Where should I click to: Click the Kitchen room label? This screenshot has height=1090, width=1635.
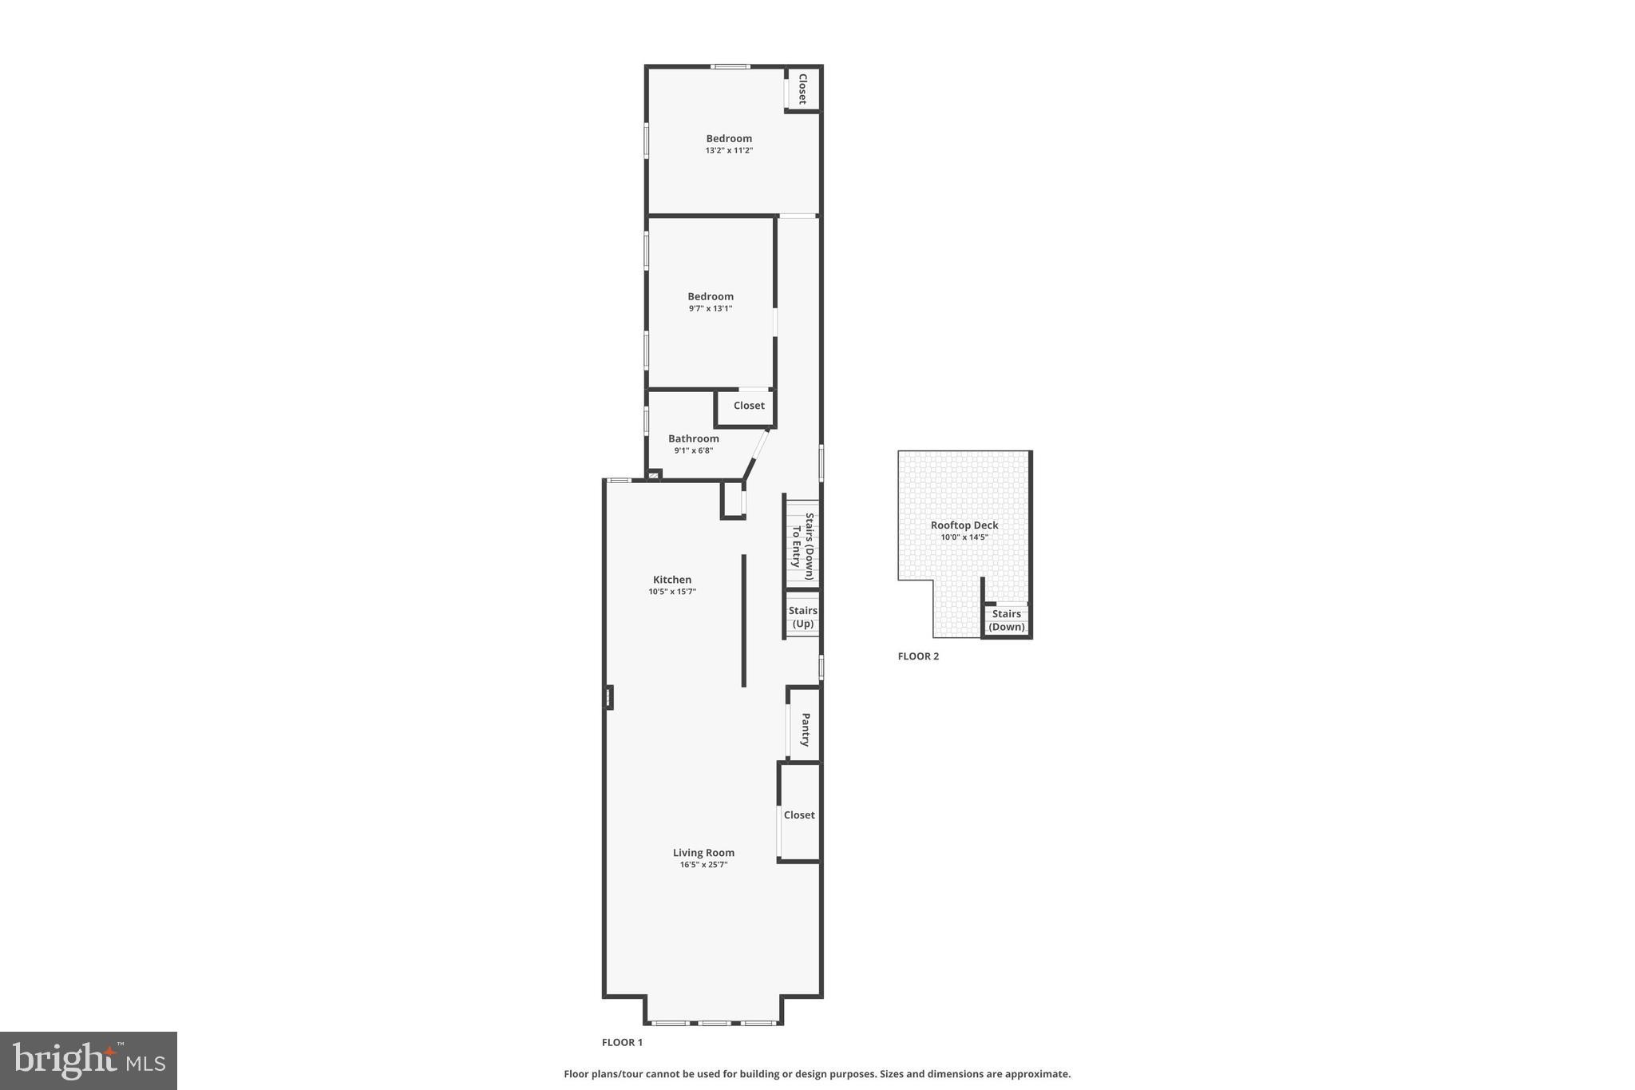tap(672, 580)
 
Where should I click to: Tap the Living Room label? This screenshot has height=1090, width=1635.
tap(703, 853)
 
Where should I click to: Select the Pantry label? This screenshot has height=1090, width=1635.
tap(806, 729)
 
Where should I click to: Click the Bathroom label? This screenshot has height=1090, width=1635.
tap(693, 438)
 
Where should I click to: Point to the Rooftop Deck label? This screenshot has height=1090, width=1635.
tap(964, 525)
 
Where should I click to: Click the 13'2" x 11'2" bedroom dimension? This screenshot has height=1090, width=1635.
tap(729, 150)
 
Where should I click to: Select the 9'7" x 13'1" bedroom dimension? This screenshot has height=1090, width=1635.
tap(711, 308)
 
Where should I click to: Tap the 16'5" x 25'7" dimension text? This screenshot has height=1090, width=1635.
tap(703, 865)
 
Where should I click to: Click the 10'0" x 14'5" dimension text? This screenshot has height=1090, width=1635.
tap(964, 537)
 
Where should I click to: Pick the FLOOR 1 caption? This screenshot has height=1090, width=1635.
tap(622, 1042)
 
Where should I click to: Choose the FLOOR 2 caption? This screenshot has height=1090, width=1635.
tap(918, 656)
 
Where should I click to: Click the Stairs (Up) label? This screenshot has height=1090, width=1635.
tap(803, 617)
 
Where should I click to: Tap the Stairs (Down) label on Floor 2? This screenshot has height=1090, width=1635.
tap(1007, 620)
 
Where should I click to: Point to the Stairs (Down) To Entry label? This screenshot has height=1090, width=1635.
tap(802, 546)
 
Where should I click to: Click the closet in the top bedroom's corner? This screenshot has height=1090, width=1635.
tap(803, 89)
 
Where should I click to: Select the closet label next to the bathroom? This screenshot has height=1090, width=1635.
tap(749, 406)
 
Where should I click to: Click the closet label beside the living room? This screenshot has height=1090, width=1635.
tap(799, 815)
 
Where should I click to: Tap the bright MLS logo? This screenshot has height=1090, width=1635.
tap(89, 1060)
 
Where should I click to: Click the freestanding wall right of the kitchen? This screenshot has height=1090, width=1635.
tap(744, 620)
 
